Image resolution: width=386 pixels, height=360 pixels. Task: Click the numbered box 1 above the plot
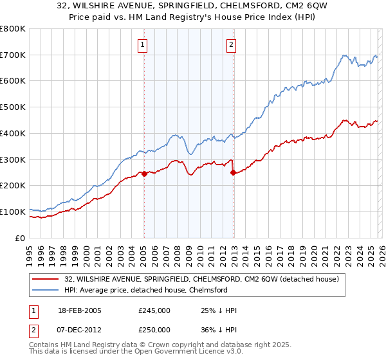pyautogui.click(x=142, y=44)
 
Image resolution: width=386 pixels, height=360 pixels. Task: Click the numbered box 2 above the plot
pyautogui.click(x=231, y=44)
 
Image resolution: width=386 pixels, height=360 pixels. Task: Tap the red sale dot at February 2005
pyautogui.click(x=144, y=174)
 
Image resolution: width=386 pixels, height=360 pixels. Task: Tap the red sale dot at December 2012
pyautogui.click(x=233, y=172)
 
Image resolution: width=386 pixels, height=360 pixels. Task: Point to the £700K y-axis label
pyautogui.click(x=13, y=55)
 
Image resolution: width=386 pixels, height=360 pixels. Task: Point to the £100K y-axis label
pyautogui.click(x=13, y=212)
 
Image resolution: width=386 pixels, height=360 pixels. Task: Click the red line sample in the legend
pyautogui.click(x=46, y=279)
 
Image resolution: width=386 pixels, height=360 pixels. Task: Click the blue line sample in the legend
pyautogui.click(x=46, y=290)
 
